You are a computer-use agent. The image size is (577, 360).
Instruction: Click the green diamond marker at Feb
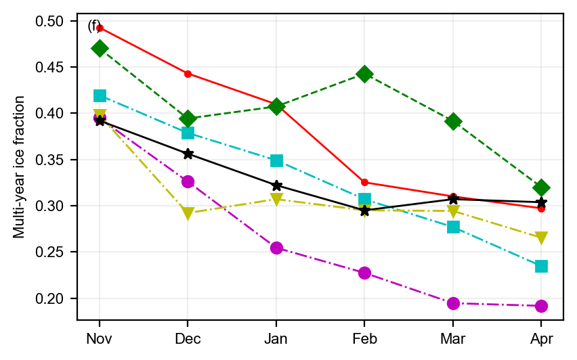364,74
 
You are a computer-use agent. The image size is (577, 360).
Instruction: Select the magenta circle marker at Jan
276,248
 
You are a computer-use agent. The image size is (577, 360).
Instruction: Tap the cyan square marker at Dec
188,133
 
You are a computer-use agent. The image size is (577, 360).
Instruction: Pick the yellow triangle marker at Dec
188,214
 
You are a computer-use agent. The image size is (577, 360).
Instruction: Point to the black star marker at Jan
276,185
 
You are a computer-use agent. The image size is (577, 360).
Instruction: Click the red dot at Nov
100,28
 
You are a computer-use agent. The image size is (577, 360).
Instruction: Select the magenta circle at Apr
541,306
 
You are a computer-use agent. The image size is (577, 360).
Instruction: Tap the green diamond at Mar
453,121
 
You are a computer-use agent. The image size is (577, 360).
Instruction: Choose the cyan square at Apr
541,266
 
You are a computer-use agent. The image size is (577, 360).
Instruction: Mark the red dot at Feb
364,182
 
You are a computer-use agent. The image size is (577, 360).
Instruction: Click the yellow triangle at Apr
541,238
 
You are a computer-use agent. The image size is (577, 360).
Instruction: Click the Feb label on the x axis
364,338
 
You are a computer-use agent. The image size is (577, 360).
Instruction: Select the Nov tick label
100,338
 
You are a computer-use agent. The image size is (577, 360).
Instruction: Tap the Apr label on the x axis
541,338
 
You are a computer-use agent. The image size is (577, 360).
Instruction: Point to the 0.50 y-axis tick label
58,22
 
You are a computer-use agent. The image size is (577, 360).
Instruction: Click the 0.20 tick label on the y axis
58,298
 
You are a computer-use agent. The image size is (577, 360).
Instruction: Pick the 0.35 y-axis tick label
58,160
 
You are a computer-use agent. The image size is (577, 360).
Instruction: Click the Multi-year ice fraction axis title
20,166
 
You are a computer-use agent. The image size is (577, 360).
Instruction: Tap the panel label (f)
95,26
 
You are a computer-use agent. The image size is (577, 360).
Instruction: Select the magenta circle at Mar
453,303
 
